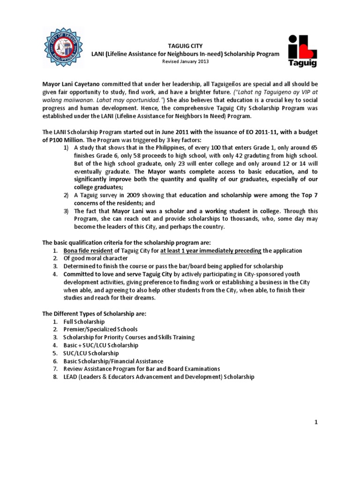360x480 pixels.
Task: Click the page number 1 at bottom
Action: [x=316, y=422]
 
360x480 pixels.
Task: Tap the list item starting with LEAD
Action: [x=159, y=376]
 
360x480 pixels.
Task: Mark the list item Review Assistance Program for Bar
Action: [x=142, y=368]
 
